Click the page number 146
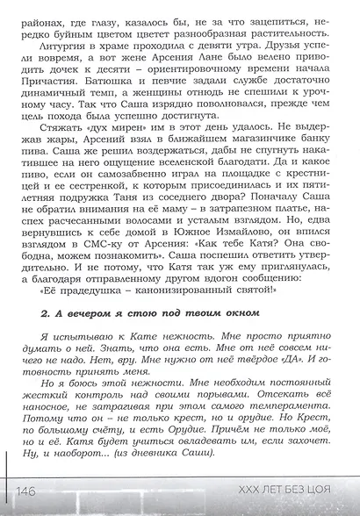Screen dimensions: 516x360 click(x=25, y=491)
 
